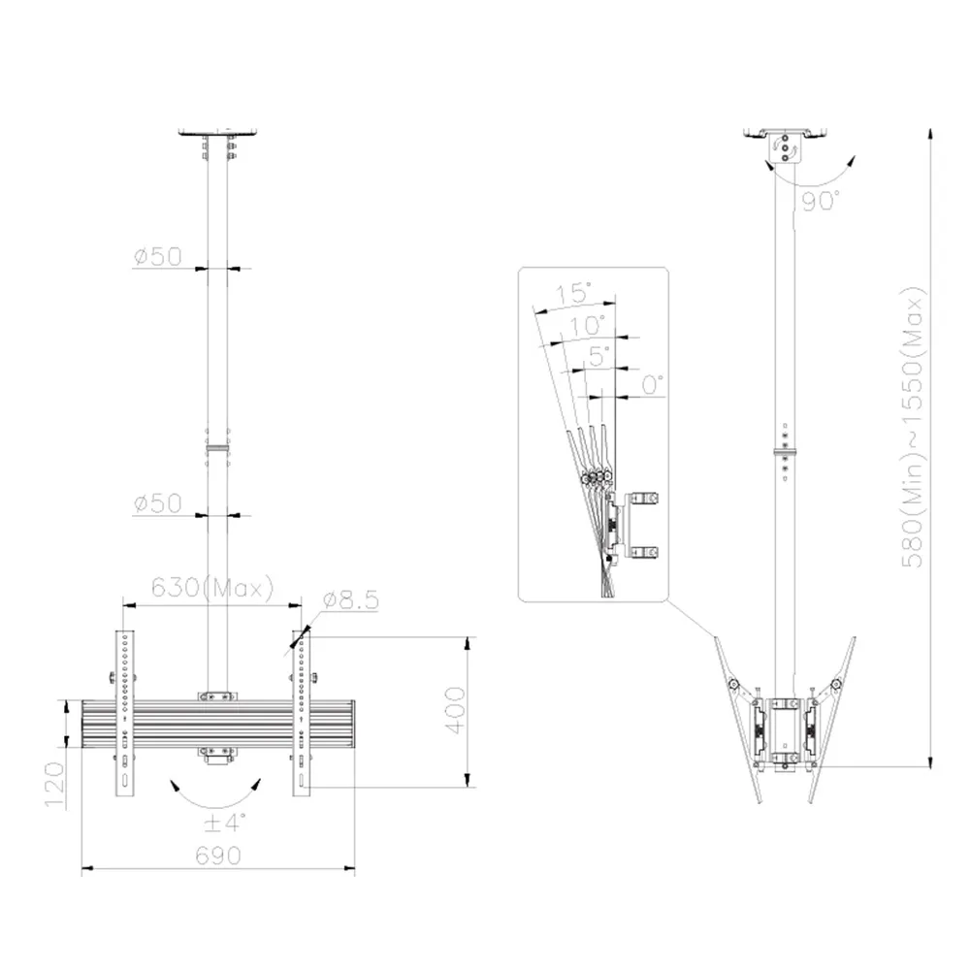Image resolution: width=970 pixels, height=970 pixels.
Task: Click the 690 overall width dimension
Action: point(217,856)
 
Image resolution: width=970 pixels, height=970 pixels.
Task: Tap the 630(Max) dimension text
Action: point(212,587)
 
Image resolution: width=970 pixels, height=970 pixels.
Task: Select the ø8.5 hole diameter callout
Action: point(351,600)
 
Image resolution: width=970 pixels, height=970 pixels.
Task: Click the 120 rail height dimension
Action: point(54,785)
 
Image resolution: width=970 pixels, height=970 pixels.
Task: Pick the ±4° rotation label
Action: point(225,823)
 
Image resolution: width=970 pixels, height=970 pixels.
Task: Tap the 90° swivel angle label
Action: point(821,201)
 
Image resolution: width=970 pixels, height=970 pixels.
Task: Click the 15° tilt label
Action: point(573,292)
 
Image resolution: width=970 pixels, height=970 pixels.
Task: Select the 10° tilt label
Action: point(587,325)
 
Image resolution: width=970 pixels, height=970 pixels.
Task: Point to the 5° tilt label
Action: point(598,356)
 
